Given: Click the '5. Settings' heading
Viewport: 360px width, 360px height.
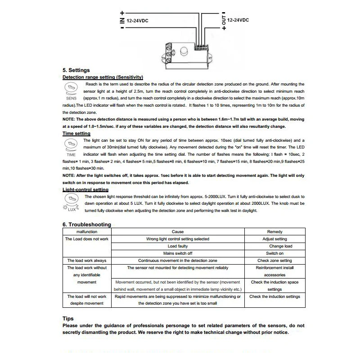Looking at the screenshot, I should (x=76, y=70).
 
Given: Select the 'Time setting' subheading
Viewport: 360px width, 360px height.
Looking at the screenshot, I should (x=76, y=133).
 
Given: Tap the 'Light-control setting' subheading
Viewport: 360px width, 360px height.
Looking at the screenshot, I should (x=85, y=190).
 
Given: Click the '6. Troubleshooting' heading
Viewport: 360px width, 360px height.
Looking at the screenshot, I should (x=87, y=225).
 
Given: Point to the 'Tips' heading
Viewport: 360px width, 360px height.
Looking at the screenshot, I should (x=68, y=319).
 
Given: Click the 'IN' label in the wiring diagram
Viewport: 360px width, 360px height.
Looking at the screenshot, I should (x=122, y=20).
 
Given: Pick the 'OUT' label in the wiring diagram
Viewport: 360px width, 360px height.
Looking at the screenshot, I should (x=224, y=20).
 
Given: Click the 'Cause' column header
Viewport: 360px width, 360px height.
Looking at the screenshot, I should (x=177, y=231).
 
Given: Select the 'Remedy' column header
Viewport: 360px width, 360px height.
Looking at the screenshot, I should (x=274, y=231).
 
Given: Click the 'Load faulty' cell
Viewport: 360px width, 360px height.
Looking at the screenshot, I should (x=177, y=246).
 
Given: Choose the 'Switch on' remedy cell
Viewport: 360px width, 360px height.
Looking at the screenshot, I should (x=274, y=253).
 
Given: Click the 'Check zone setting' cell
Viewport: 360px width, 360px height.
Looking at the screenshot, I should (x=274, y=261).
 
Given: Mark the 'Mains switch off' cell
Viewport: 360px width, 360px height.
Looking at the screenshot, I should (x=177, y=253).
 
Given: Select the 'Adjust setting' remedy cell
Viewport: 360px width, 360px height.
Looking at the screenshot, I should (x=274, y=239).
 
